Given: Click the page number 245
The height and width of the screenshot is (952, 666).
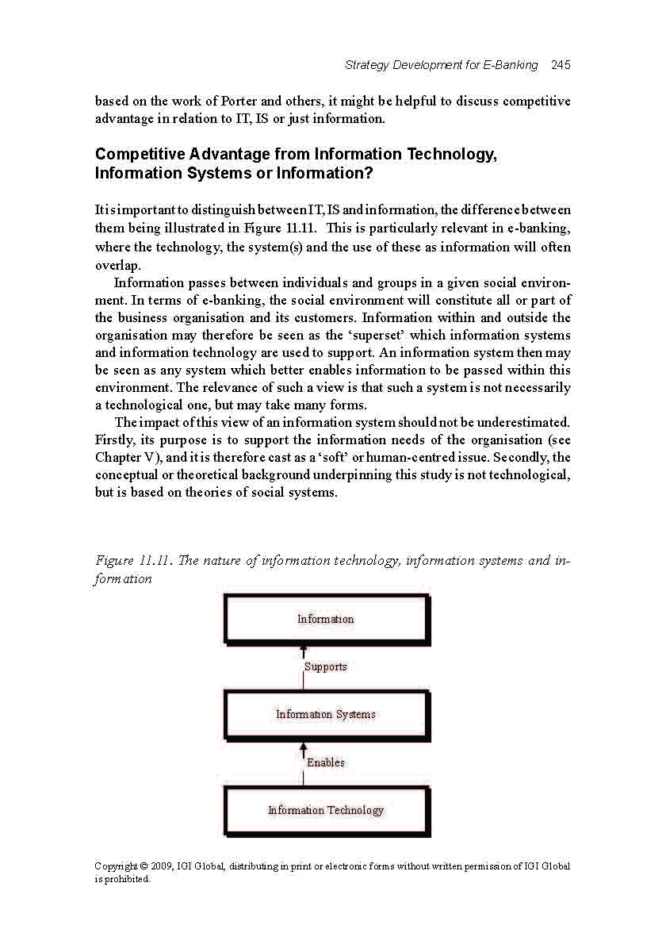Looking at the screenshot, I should (561, 65).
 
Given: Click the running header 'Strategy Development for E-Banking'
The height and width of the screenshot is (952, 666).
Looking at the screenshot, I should (441, 65).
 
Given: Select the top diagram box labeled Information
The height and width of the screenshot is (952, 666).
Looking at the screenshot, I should (326, 619).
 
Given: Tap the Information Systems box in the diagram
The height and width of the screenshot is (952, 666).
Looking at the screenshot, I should (326, 714).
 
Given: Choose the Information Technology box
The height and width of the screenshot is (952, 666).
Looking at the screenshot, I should (326, 810).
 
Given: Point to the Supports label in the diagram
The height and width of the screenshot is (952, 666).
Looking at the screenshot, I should (326, 666).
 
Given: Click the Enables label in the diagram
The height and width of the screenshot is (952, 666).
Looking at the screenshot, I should (326, 762).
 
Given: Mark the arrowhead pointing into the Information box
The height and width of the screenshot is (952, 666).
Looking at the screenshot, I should (303, 651).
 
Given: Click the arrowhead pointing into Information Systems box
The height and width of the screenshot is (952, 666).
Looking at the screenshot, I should (303, 747).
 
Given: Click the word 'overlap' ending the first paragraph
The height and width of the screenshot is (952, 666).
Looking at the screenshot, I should (117, 265).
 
